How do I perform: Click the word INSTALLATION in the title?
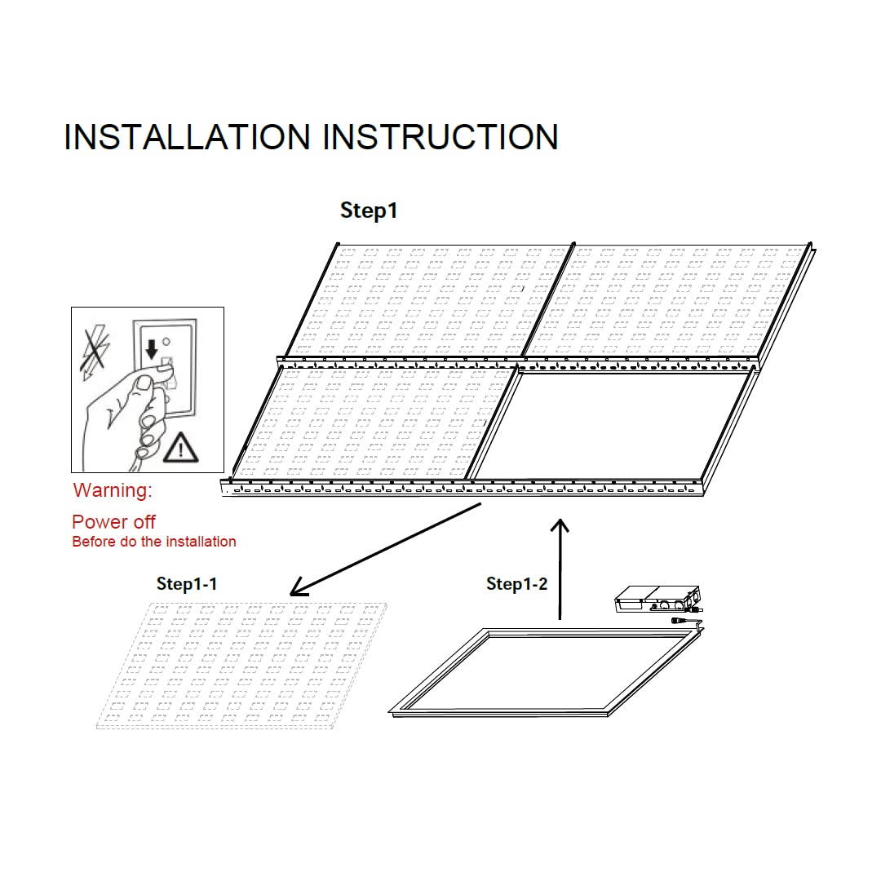click(187, 137)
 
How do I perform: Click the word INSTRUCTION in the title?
click(440, 137)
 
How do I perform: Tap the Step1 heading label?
click(369, 210)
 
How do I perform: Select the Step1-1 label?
click(187, 584)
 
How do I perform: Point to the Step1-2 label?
click(516, 584)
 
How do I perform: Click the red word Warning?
click(113, 490)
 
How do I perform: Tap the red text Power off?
click(113, 522)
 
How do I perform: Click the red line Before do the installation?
click(154, 542)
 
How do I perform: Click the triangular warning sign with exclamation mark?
click(180, 448)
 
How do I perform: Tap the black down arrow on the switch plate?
click(151, 349)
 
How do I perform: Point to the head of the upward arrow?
click(560, 525)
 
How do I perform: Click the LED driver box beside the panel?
click(657, 600)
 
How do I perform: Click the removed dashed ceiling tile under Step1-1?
click(241, 666)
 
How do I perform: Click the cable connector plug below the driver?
click(680, 621)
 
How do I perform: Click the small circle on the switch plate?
click(166, 342)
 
